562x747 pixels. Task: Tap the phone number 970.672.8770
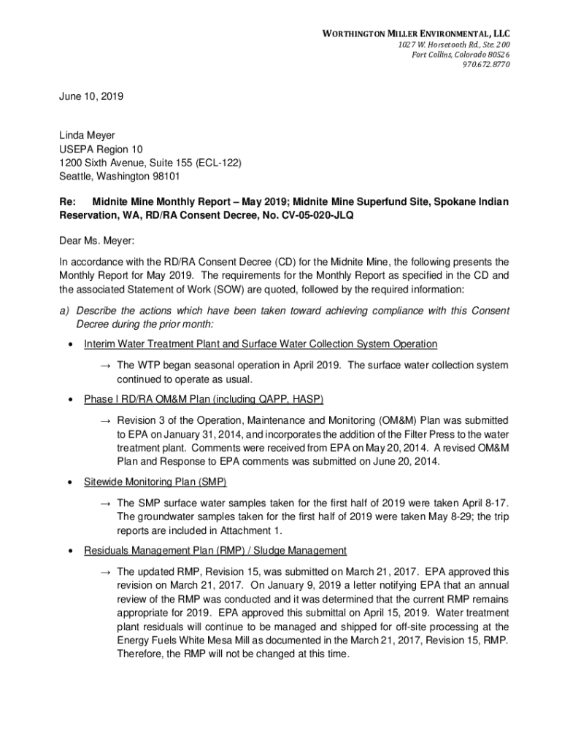[485, 64]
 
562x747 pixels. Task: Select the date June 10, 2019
[91, 96]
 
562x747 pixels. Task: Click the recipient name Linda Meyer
[87, 135]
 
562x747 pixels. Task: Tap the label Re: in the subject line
[67, 201]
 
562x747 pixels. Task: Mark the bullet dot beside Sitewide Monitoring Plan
[69, 482]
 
